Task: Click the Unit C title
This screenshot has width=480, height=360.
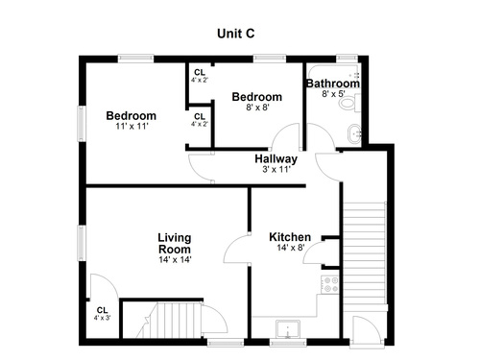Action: pyautogui.click(x=236, y=34)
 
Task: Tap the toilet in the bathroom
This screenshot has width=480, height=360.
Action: pyautogui.click(x=349, y=103)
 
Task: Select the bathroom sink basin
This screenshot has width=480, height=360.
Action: pyautogui.click(x=354, y=133)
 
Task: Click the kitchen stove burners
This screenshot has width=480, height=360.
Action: pyautogui.click(x=329, y=284)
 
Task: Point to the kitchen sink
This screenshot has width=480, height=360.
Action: pyautogui.click(x=288, y=329)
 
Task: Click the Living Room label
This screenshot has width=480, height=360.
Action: pyautogui.click(x=175, y=243)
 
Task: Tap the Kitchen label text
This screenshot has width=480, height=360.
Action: pyautogui.click(x=290, y=237)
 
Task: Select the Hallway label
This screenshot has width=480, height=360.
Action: pyautogui.click(x=276, y=158)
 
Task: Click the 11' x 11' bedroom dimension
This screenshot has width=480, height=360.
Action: pyautogui.click(x=132, y=127)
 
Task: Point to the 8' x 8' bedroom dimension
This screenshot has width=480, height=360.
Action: pyautogui.click(x=257, y=108)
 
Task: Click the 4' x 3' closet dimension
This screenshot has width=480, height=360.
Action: pyautogui.click(x=102, y=318)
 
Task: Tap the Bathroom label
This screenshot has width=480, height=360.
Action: pyautogui.click(x=333, y=84)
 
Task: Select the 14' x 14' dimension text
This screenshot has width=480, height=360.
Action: pyautogui.click(x=175, y=259)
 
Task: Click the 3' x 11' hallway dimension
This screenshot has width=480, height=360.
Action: pyautogui.click(x=276, y=169)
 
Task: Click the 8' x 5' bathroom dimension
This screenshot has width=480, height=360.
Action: pyautogui.click(x=333, y=94)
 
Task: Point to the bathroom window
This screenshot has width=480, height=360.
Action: pyautogui.click(x=347, y=58)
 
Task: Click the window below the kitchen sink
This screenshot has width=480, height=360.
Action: pyautogui.click(x=288, y=343)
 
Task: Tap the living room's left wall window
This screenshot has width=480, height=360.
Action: pyautogui.click(x=83, y=243)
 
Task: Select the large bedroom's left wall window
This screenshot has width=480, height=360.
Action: pyautogui.click(x=83, y=124)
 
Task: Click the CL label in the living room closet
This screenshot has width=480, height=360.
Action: pyautogui.click(x=102, y=310)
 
